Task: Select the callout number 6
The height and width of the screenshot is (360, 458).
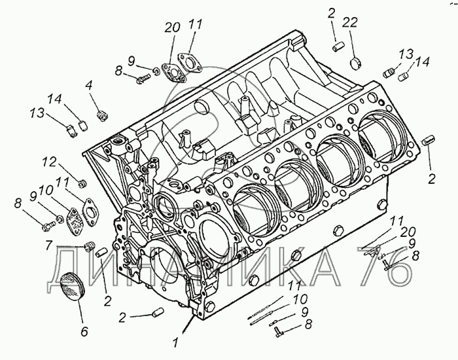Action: click(84, 331)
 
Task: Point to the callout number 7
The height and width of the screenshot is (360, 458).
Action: click(48, 246)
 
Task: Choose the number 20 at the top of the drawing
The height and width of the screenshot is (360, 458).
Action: click(172, 27)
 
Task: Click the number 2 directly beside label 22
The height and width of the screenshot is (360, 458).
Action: click(332, 12)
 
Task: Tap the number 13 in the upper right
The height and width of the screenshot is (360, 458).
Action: click(407, 53)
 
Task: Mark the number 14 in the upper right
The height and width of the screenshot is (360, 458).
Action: click(421, 63)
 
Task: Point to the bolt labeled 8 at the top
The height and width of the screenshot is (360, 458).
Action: click(145, 79)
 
